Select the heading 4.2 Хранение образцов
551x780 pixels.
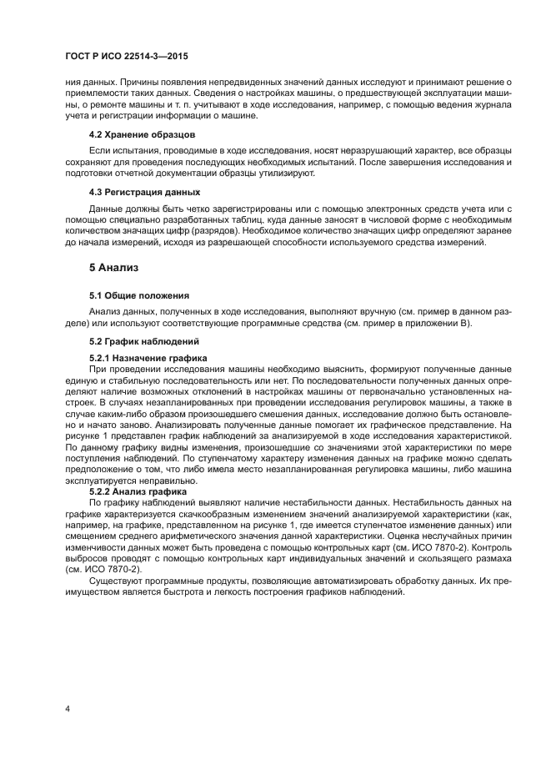pos(142,133)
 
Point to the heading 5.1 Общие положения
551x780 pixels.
pos(138,295)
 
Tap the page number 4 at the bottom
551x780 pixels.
pos(68,710)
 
